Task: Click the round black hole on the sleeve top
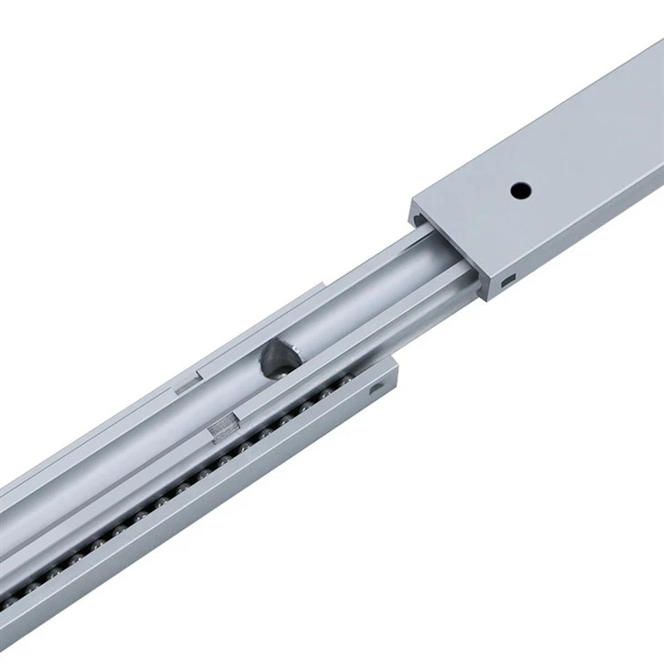520,191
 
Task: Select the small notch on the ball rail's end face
378,389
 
